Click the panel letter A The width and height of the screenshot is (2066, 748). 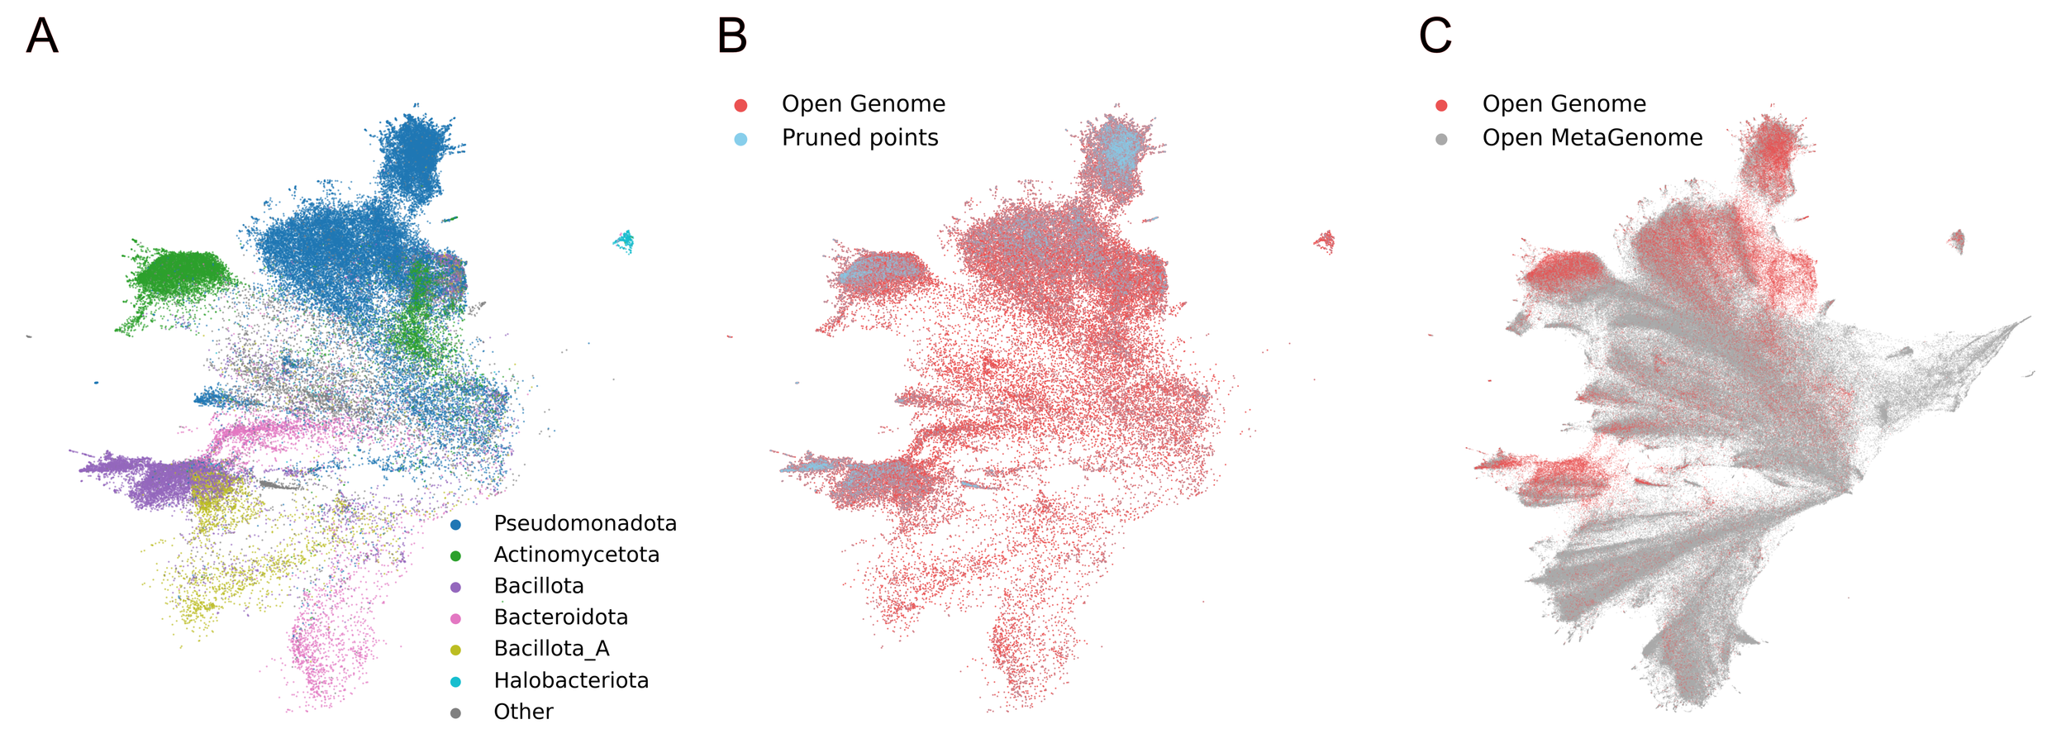pyautogui.click(x=42, y=37)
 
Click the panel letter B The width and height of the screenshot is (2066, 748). pyautogui.click(x=731, y=37)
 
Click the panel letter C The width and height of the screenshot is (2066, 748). pyautogui.click(x=1435, y=37)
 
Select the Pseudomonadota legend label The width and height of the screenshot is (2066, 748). pyautogui.click(x=585, y=523)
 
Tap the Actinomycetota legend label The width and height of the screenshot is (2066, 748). pyautogui.click(x=576, y=555)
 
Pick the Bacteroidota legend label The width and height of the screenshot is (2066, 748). pyautogui.click(x=560, y=617)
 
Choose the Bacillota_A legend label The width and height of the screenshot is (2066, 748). pyautogui.click(x=551, y=649)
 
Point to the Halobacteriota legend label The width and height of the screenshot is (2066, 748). pyautogui.click(x=571, y=680)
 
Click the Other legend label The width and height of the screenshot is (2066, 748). pyautogui.click(x=523, y=712)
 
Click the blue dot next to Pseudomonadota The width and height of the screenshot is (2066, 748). pyautogui.click(x=455, y=525)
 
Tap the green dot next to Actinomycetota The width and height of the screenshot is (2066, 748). pyautogui.click(x=455, y=556)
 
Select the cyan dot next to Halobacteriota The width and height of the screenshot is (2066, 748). pyautogui.click(x=455, y=682)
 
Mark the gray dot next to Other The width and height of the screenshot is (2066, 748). pyautogui.click(x=455, y=713)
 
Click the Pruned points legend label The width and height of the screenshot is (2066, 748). pyautogui.click(x=859, y=138)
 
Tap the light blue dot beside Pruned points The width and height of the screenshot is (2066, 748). pyautogui.click(x=740, y=139)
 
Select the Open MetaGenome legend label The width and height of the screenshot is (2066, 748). pyautogui.click(x=1592, y=138)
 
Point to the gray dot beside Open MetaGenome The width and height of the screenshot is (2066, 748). pyautogui.click(x=1441, y=139)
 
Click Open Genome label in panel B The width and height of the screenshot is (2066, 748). pyautogui.click(x=863, y=104)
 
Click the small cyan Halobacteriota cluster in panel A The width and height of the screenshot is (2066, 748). pyautogui.click(x=625, y=241)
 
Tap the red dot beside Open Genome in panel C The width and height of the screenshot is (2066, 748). pyautogui.click(x=1441, y=105)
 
